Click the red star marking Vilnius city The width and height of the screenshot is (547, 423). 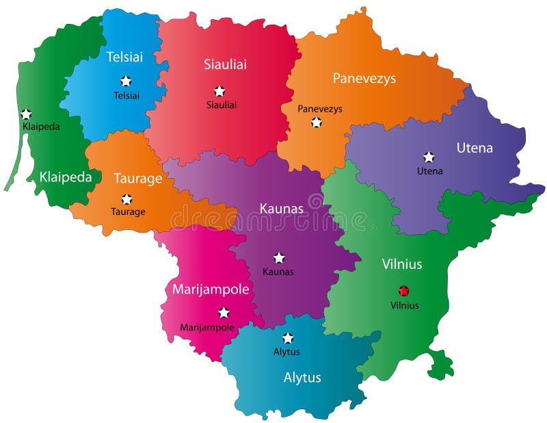point(403,290)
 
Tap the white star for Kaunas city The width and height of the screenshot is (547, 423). point(279,257)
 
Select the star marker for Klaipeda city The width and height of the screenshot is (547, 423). point(26,114)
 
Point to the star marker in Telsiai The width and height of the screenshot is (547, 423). point(126,81)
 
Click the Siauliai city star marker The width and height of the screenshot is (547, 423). point(219,90)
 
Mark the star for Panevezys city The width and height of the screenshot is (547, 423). point(316,122)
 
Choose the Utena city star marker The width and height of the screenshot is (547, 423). point(429,157)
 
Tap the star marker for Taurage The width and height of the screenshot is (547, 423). point(126,199)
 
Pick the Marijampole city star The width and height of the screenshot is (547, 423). point(224,313)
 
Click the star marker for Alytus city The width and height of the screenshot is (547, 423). point(288,337)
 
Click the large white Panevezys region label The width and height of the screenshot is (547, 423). point(364,78)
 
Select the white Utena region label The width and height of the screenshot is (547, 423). point(475,148)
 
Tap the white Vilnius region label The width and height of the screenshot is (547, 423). point(401,264)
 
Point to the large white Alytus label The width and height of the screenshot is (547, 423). point(302,377)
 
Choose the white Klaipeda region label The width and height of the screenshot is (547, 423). point(66,177)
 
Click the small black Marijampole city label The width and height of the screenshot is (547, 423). point(207,328)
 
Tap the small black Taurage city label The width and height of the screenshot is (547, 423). point(128,212)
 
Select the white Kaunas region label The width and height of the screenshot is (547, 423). point(281,208)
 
